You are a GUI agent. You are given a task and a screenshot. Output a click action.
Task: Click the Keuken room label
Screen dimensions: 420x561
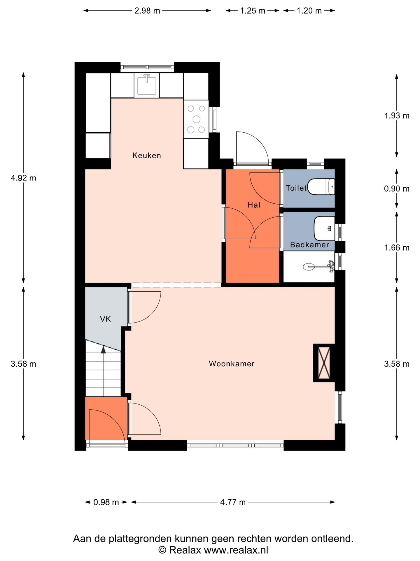(x=146, y=155)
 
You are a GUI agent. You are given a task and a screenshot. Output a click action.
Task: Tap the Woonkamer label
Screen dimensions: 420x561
(x=232, y=363)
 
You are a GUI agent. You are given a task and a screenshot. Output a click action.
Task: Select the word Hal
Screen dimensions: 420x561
(x=254, y=205)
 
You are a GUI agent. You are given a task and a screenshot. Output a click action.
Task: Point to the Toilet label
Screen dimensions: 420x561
(x=296, y=188)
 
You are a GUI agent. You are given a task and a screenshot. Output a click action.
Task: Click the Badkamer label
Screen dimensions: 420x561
(x=309, y=245)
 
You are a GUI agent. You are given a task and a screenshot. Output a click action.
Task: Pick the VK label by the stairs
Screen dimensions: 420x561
(x=105, y=319)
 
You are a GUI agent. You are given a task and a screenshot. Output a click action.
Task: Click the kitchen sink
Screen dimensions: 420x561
(x=147, y=84)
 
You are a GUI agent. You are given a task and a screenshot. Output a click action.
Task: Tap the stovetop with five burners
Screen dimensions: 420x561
(x=196, y=119)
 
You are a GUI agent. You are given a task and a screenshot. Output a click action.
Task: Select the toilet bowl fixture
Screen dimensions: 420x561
(x=321, y=187)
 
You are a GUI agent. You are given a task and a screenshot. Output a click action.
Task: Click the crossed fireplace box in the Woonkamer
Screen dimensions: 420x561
(x=324, y=363)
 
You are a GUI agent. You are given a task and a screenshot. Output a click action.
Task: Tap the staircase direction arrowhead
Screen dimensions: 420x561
(x=103, y=349)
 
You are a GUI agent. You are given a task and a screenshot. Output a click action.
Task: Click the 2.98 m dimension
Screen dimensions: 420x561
(x=147, y=11)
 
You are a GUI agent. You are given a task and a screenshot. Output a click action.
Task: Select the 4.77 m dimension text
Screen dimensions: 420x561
(x=233, y=502)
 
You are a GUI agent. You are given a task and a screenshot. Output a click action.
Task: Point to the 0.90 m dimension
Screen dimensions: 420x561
(x=397, y=188)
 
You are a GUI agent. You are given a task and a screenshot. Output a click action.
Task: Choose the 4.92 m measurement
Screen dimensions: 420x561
(x=23, y=178)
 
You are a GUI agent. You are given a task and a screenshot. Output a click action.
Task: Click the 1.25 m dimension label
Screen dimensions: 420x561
(x=253, y=11)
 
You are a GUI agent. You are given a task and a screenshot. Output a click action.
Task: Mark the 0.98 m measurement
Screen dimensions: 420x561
(x=106, y=502)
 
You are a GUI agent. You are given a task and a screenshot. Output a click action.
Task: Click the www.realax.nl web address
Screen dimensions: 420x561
(x=236, y=550)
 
